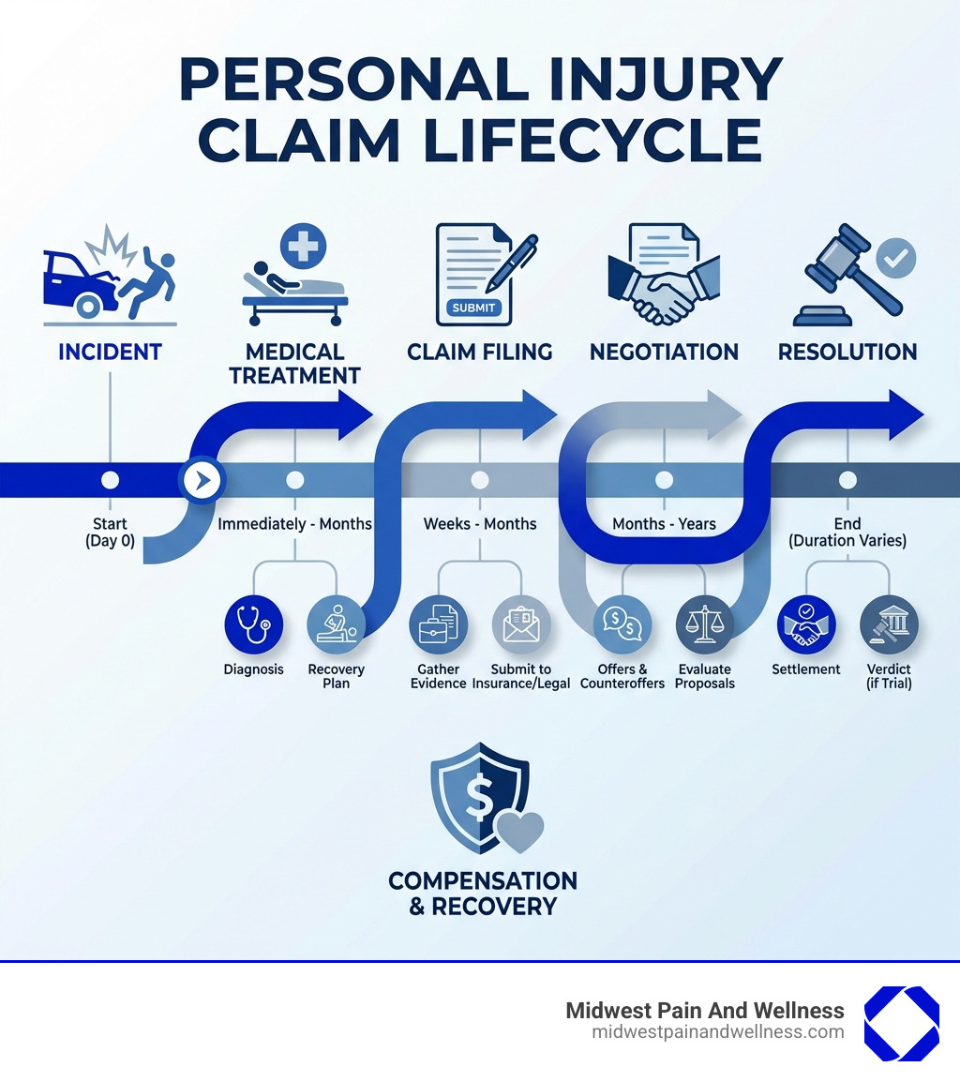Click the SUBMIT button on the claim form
(475, 308)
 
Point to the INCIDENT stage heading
(110, 353)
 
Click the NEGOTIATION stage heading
(664, 353)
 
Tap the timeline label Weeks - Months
(480, 523)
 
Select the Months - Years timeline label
(664, 523)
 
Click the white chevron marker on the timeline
(202, 480)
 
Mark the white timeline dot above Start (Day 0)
(110, 480)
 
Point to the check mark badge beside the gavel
(895, 257)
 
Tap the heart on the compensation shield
(519, 831)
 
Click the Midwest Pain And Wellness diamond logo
(901, 1024)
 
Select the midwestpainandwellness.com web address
(718, 1032)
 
